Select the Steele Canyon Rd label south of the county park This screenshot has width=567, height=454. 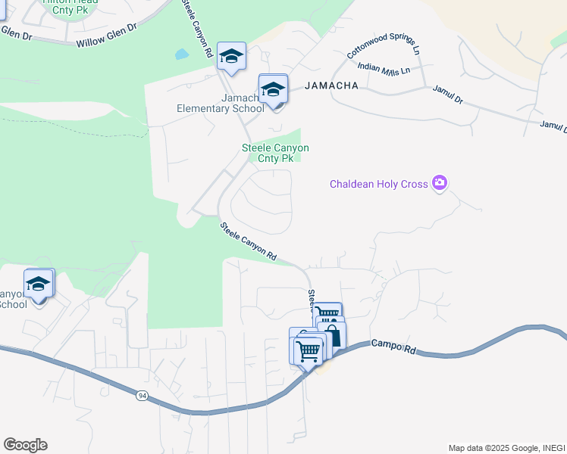click(249, 242)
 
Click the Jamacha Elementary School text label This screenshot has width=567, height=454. click(220, 103)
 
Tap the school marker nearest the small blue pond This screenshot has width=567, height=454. click(231, 57)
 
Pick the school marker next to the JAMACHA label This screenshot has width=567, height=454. click(273, 90)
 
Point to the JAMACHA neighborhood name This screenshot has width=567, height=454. click(331, 86)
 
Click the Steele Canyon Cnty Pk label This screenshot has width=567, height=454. click(275, 153)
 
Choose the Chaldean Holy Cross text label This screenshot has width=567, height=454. click(378, 184)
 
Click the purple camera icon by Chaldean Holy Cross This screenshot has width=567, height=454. click(439, 183)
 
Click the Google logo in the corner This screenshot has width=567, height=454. click(25, 445)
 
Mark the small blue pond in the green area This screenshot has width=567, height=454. click(180, 54)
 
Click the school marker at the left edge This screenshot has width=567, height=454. click(38, 285)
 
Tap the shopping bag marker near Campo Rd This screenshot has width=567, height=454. click(331, 334)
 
